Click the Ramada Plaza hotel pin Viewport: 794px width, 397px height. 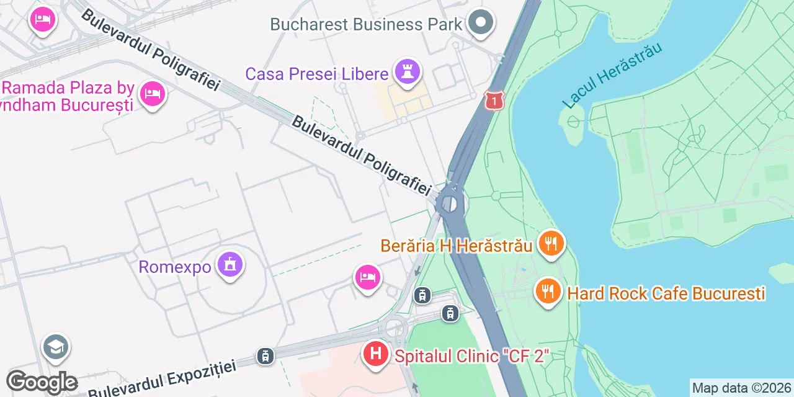(x=152, y=94)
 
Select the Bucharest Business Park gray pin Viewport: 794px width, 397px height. (x=480, y=24)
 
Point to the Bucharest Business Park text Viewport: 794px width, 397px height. (x=366, y=25)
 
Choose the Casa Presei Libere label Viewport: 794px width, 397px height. (x=316, y=74)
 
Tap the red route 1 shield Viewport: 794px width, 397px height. (x=494, y=100)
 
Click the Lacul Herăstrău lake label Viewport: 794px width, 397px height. (x=612, y=76)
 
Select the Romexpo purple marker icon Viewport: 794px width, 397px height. (x=230, y=265)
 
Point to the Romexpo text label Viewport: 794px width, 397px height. (x=175, y=267)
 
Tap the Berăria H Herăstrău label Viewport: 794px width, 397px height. (x=456, y=246)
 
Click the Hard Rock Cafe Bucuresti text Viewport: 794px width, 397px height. (x=666, y=293)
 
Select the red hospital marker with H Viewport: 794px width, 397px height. (x=375, y=354)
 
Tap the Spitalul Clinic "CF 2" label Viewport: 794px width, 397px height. (x=472, y=357)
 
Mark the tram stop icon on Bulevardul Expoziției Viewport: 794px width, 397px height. (x=265, y=356)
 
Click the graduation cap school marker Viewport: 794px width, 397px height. (x=56, y=347)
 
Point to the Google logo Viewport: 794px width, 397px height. (x=42, y=382)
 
